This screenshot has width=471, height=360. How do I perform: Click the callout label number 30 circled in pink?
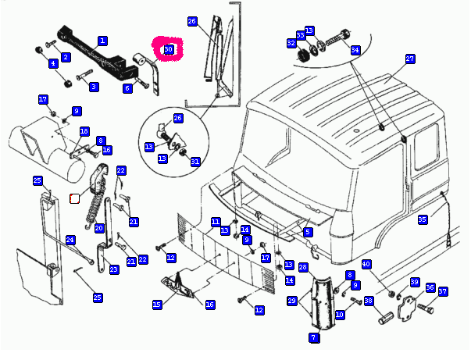click(167, 50)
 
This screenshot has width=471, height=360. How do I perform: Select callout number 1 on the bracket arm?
click(102, 40)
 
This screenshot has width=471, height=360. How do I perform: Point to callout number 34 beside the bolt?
click(355, 50)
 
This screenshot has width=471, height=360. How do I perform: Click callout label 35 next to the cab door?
click(423, 219)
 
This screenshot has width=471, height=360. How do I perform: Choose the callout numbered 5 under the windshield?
click(308, 232)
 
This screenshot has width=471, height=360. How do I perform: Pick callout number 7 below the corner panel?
click(313, 337)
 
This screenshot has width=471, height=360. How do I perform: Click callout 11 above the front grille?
click(216, 222)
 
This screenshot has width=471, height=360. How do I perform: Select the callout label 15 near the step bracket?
click(157, 304)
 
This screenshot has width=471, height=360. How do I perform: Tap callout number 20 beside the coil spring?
click(99, 228)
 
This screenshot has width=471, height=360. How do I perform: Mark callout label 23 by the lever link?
click(114, 269)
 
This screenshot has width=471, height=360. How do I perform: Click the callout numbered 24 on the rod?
click(70, 239)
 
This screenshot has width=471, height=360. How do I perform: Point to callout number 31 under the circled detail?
click(195, 162)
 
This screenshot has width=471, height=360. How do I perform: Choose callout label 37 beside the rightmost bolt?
click(443, 291)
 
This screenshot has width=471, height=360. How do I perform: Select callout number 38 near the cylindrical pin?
click(369, 300)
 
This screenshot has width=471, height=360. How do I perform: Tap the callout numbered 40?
click(366, 264)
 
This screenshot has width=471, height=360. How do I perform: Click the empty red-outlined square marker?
click(75, 198)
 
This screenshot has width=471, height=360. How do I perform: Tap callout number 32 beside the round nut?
click(291, 43)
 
